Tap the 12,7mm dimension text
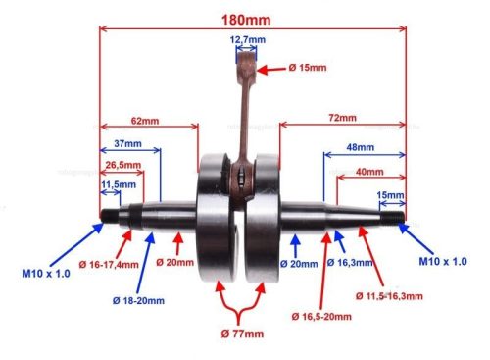click(248, 40)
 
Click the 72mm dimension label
click(341, 118)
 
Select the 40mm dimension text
click(370, 171)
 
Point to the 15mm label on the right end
click(389, 194)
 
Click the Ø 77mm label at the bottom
click(242, 334)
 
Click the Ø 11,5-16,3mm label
click(390, 295)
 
